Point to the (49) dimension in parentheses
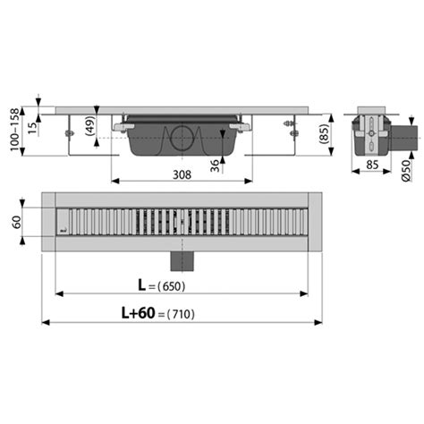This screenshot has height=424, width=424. pyautogui.click(x=91, y=127)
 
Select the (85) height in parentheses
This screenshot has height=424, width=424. pyautogui.click(x=333, y=134)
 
